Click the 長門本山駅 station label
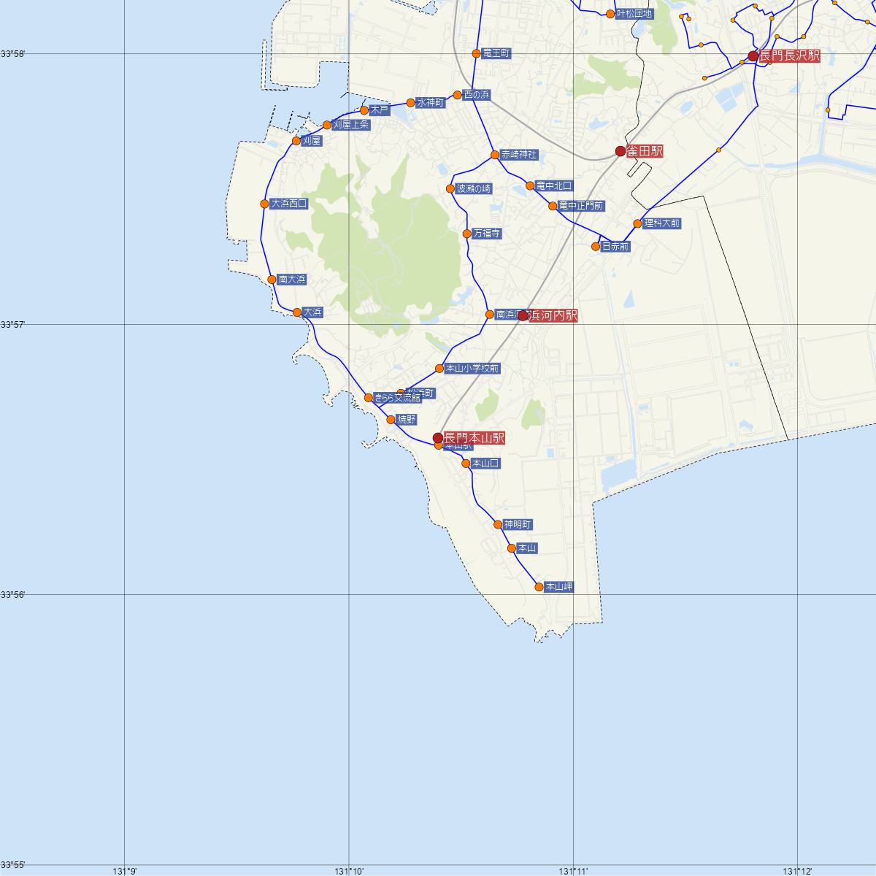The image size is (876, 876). [x=474, y=438]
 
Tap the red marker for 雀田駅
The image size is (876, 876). [x=620, y=151]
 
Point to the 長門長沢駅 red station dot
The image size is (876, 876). [x=753, y=56]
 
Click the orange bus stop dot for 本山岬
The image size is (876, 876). [x=539, y=587]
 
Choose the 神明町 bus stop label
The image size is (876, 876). [x=517, y=525]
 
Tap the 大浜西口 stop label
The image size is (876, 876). [x=288, y=204]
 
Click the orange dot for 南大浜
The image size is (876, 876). [x=272, y=280]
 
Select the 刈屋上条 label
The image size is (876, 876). [x=350, y=125]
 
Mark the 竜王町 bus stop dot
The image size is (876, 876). [x=476, y=53]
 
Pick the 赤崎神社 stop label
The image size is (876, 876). [x=519, y=155]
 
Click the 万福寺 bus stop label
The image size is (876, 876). [x=486, y=234]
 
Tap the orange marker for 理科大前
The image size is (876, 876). [x=637, y=223]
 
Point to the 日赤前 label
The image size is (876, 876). [x=615, y=247]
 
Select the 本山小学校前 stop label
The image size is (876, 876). [x=472, y=369]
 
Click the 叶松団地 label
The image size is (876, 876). [x=634, y=13]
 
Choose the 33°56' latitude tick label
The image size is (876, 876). [x=12, y=594]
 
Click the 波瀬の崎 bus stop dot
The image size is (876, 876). [x=451, y=189]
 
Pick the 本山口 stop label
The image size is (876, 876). [x=485, y=464]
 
